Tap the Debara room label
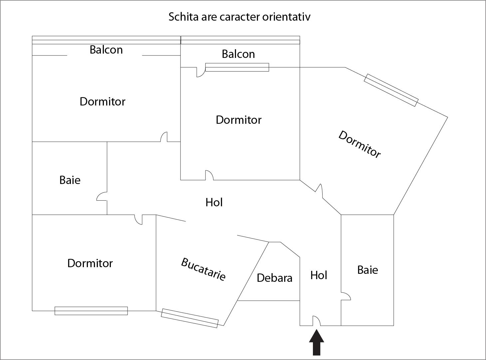(275, 278)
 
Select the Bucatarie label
(203, 269)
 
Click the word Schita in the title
(183, 17)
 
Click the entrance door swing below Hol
(317, 321)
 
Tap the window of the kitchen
(190, 318)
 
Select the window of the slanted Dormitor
(391, 90)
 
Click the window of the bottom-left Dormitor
(91, 311)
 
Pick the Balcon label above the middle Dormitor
(238, 54)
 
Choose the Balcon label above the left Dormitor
(106, 50)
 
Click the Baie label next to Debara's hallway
(368, 270)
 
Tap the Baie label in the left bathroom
(70, 180)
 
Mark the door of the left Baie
(102, 196)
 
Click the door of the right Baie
(346, 296)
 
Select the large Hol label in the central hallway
(214, 202)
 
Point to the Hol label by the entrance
(319, 275)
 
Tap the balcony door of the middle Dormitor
(201, 72)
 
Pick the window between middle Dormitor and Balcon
(237, 67)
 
